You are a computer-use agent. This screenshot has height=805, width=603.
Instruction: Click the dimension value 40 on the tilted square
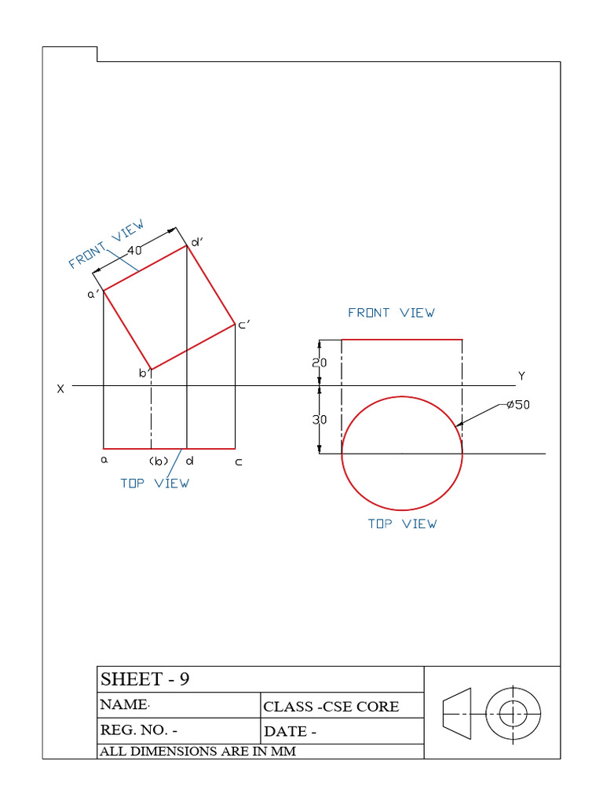pyautogui.click(x=134, y=250)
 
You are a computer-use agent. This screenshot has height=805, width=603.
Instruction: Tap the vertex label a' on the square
pyautogui.click(x=93, y=294)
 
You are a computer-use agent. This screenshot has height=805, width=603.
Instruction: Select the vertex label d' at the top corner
pyautogui.click(x=198, y=243)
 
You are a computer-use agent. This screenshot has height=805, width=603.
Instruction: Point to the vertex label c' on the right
pyautogui.click(x=244, y=324)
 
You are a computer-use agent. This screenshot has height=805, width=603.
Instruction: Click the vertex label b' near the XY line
pyautogui.click(x=144, y=373)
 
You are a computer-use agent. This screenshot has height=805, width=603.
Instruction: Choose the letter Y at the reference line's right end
pyautogui.click(x=521, y=376)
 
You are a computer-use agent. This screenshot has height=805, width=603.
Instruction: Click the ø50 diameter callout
pyautogui.click(x=519, y=406)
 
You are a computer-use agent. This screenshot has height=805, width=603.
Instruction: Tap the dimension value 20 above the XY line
pyautogui.click(x=320, y=363)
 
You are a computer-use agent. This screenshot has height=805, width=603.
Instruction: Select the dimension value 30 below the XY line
pyautogui.click(x=320, y=420)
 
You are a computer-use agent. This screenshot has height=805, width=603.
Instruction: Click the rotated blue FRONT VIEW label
pyautogui.click(x=107, y=244)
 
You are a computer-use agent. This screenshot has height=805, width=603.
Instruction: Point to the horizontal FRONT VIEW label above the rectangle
pyautogui.click(x=391, y=313)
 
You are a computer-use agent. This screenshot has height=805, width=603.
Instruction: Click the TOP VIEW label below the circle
pyautogui.click(x=402, y=524)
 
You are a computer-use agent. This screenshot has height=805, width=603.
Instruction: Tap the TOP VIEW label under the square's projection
pyautogui.click(x=155, y=483)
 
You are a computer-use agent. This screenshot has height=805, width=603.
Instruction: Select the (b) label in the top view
pyautogui.click(x=159, y=461)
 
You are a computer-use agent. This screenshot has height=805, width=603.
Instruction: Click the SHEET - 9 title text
pyautogui.click(x=145, y=679)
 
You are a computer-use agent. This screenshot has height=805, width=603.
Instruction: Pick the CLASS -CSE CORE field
pyautogui.click(x=331, y=706)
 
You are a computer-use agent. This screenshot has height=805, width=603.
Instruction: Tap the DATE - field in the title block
pyautogui.click(x=291, y=731)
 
